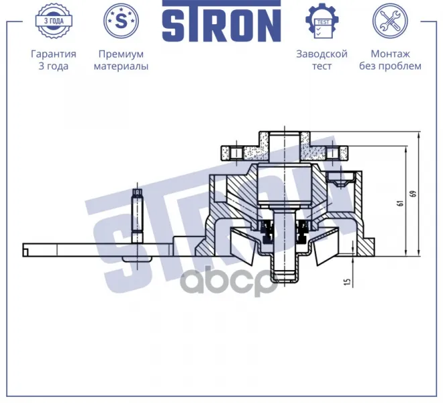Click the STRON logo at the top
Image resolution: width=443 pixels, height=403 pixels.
click(222, 21)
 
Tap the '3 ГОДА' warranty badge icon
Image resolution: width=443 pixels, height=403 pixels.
click(54, 21)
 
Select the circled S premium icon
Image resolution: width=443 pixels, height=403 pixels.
click(121, 21)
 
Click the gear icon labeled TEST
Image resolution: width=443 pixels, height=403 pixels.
click(322, 21)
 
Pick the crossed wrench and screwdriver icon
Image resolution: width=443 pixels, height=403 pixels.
click(390, 21)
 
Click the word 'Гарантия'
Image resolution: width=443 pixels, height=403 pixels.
click(54, 54)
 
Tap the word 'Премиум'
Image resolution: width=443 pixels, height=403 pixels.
click(121, 54)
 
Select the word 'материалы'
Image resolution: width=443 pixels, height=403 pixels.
click(121, 66)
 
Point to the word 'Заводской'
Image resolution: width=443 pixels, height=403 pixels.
click(322, 54)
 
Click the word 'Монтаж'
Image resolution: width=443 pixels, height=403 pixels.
click(390, 54)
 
